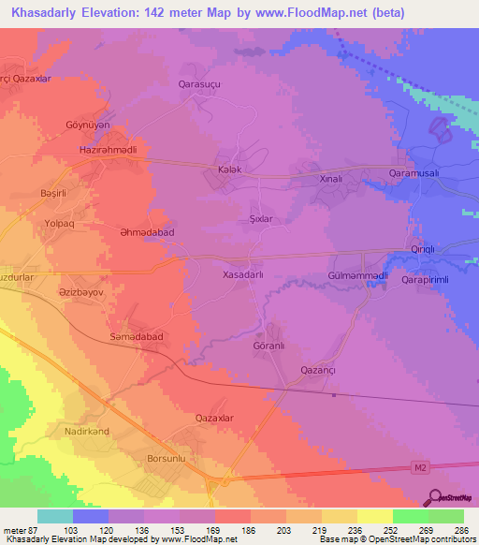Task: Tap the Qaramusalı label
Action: (x=417, y=174)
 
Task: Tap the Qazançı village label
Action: (x=318, y=371)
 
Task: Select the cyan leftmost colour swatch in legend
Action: (x=54, y=516)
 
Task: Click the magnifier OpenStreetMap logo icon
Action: (x=436, y=496)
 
